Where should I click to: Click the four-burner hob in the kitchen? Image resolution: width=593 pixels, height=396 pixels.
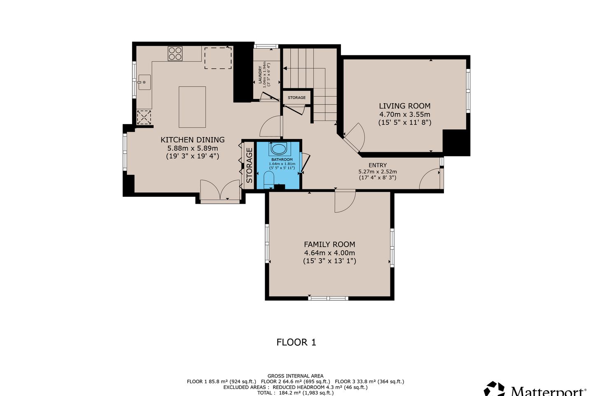point(175,54)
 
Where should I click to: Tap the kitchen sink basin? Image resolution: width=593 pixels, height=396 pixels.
point(145,82)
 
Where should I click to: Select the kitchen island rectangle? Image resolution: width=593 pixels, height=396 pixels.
point(192,107)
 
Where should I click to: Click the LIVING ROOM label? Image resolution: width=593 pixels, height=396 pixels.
point(405,106)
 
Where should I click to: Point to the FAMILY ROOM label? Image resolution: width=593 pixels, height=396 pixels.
point(329,244)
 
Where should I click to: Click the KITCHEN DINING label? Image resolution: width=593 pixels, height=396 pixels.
point(192,139)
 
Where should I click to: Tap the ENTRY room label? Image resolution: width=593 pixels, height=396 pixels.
point(378,165)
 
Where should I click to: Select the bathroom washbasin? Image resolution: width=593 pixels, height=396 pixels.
point(278,149)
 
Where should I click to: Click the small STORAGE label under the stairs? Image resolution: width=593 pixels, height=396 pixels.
point(296,98)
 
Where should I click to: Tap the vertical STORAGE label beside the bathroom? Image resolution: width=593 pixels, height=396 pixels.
point(250,165)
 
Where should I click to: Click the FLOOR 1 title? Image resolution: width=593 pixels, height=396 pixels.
point(296,342)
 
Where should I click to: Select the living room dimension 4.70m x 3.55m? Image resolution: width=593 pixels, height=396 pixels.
point(405,114)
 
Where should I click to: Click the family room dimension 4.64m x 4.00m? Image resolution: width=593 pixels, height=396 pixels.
point(329,253)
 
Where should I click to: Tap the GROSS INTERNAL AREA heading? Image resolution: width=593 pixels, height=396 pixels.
point(295,376)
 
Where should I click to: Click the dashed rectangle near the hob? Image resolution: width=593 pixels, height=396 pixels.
point(218,58)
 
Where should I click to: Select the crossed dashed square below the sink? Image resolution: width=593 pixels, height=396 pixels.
point(144,117)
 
